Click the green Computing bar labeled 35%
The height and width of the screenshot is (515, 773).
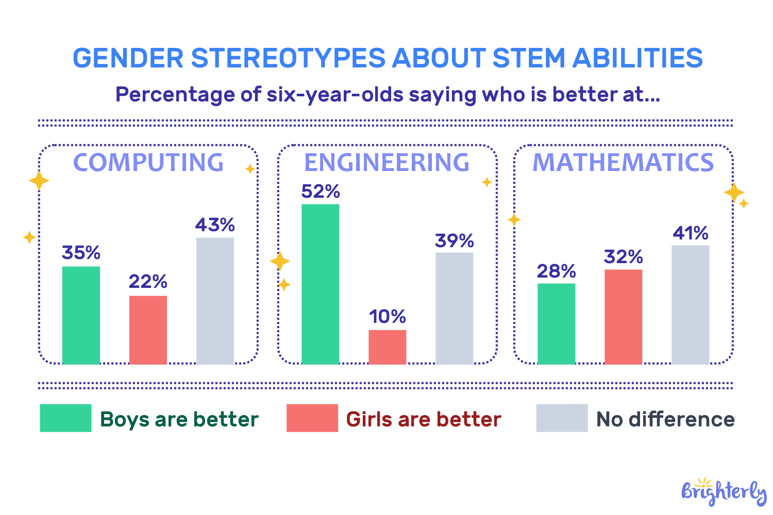[81, 315]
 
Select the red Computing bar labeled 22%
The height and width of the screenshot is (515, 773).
[148, 330]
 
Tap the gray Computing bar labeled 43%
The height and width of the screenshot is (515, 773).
[215, 301]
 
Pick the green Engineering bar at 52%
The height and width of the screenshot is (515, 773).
[320, 284]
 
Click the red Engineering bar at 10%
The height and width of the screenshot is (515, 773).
[387, 347]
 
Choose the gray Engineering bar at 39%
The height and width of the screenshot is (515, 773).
[454, 308]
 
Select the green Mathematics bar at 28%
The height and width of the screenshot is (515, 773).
[556, 323]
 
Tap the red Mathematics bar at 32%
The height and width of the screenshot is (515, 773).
[623, 317]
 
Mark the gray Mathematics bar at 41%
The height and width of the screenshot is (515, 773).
[690, 305]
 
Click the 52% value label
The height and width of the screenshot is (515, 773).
[320, 192]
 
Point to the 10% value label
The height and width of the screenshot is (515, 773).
[387, 317]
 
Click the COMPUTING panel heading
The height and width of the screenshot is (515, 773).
[148, 163]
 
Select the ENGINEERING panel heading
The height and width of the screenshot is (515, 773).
[386, 163]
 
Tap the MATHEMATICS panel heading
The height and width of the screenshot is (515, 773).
[623, 163]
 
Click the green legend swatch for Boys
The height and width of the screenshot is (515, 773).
[65, 418]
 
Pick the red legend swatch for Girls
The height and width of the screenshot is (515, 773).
[312, 418]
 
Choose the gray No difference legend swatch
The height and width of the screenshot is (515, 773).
[562, 418]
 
